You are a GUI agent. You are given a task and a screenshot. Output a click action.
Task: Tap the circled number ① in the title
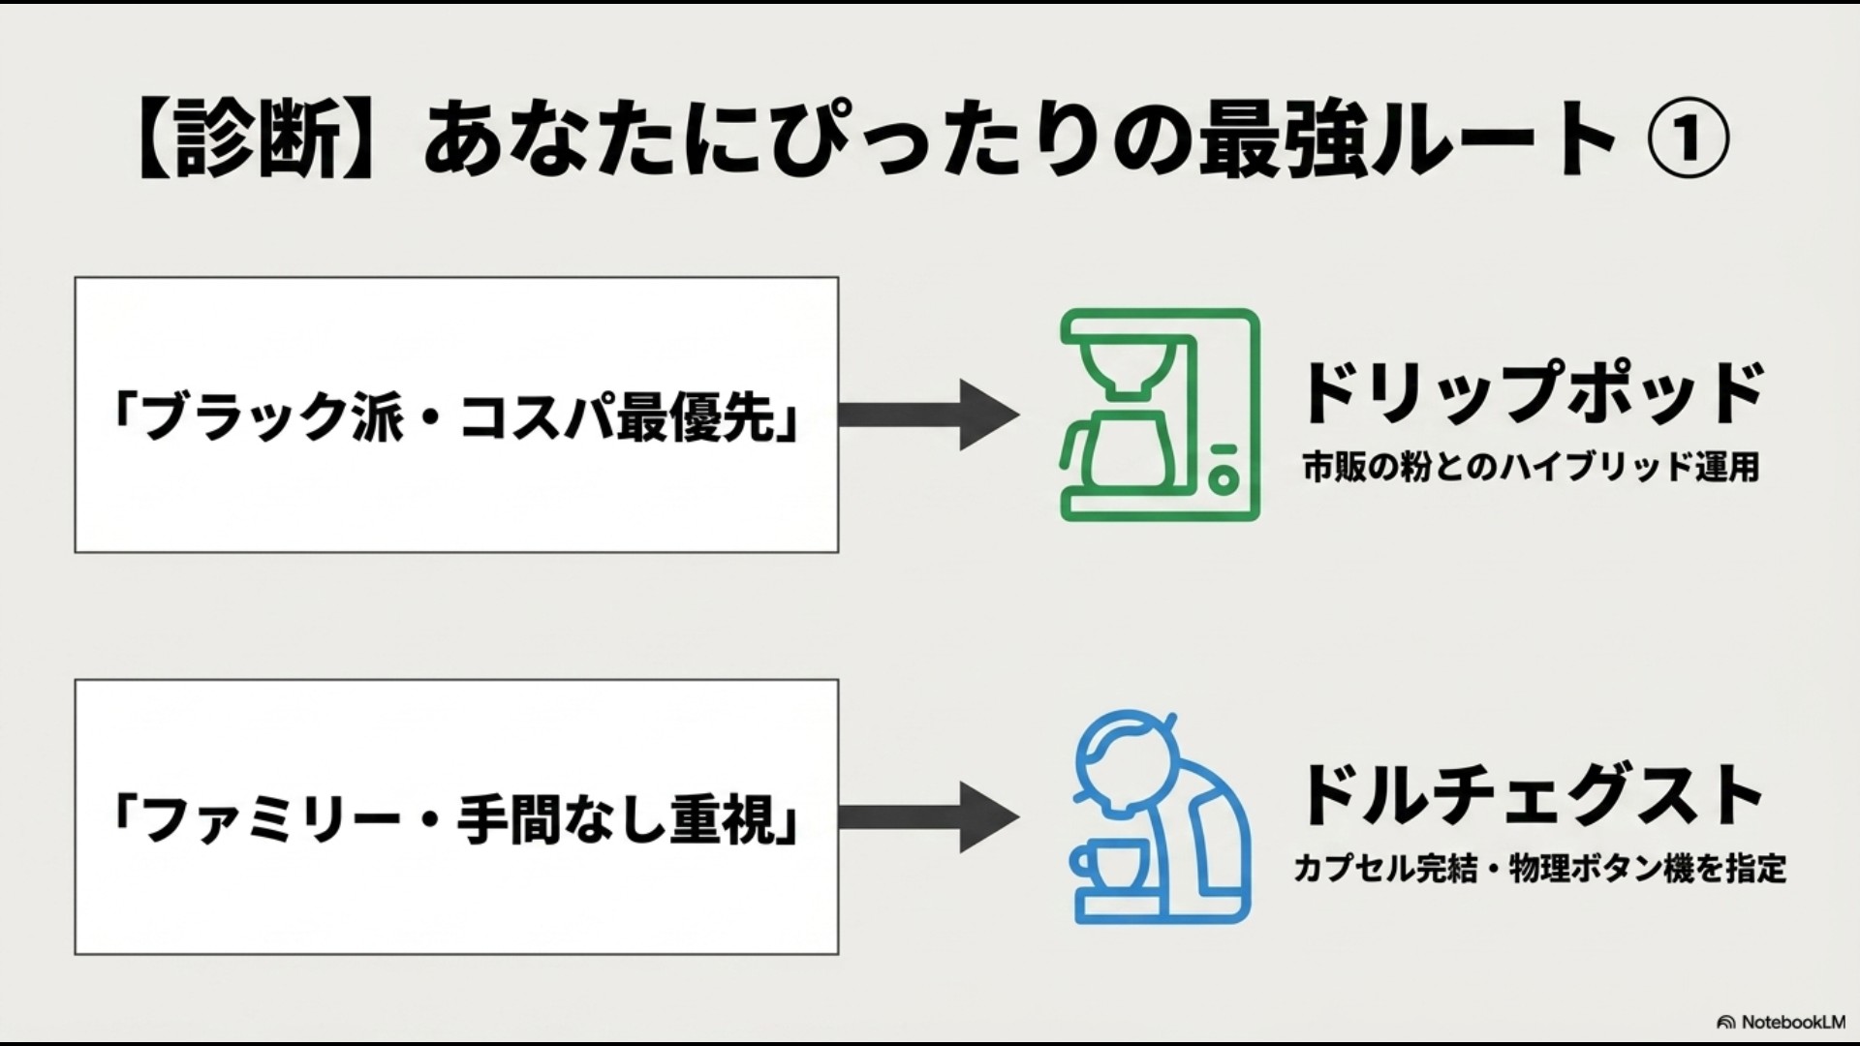[1688, 138]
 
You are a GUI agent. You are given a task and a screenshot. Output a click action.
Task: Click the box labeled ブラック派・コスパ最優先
[456, 415]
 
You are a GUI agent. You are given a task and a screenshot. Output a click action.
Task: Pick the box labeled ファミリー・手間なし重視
[456, 816]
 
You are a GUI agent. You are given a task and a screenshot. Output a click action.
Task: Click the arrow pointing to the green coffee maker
[929, 415]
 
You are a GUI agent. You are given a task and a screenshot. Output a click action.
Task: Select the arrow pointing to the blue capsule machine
[929, 816]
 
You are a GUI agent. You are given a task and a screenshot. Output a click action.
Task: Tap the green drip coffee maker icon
[1160, 415]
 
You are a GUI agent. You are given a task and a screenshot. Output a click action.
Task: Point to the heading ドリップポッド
[1531, 393]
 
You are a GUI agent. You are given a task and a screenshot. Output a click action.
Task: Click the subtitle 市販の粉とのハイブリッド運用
[1531, 468]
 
